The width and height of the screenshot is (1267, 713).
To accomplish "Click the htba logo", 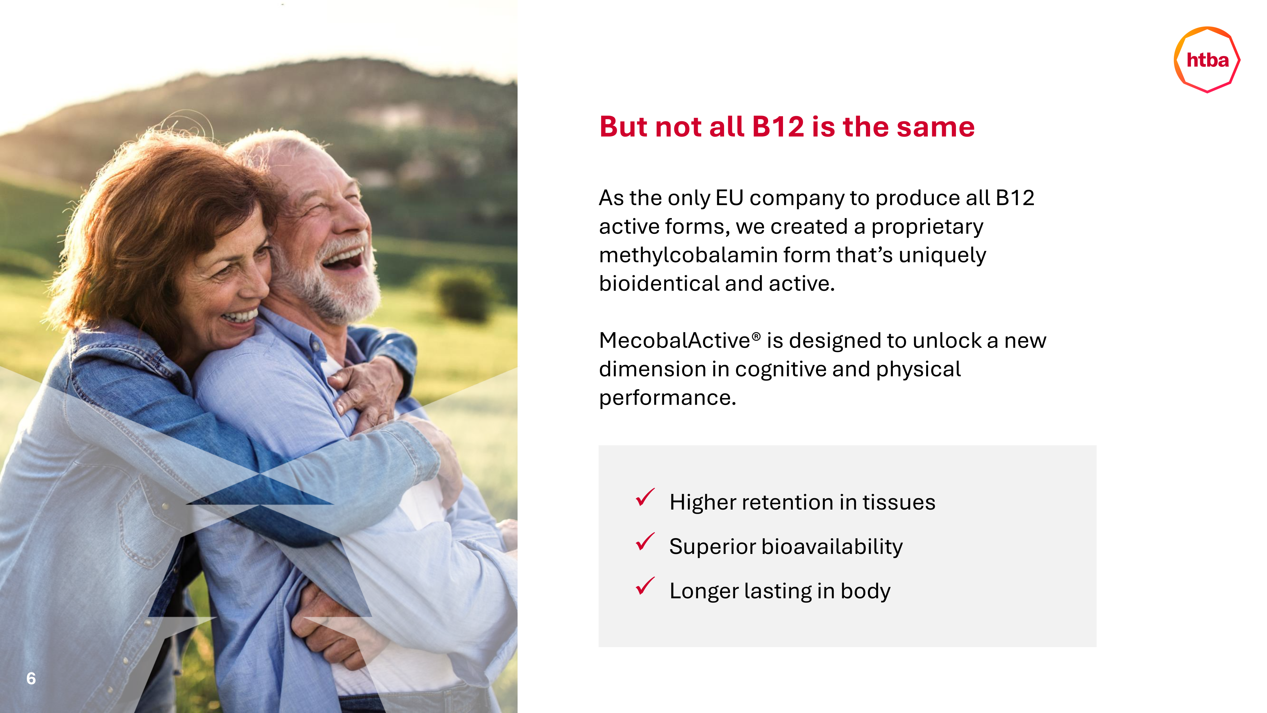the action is click(1207, 60).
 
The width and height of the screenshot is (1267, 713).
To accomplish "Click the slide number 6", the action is click(31, 678).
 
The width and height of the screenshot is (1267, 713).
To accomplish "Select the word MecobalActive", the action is click(674, 341).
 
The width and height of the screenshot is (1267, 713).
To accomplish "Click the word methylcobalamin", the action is click(688, 255).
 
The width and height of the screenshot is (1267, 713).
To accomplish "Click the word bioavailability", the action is click(832, 547).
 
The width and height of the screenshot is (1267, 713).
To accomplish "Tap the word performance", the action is click(667, 398).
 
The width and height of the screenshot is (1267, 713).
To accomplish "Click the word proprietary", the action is click(927, 227).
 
